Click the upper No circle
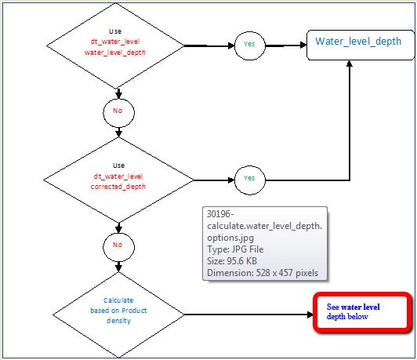118,111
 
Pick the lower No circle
118,245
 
